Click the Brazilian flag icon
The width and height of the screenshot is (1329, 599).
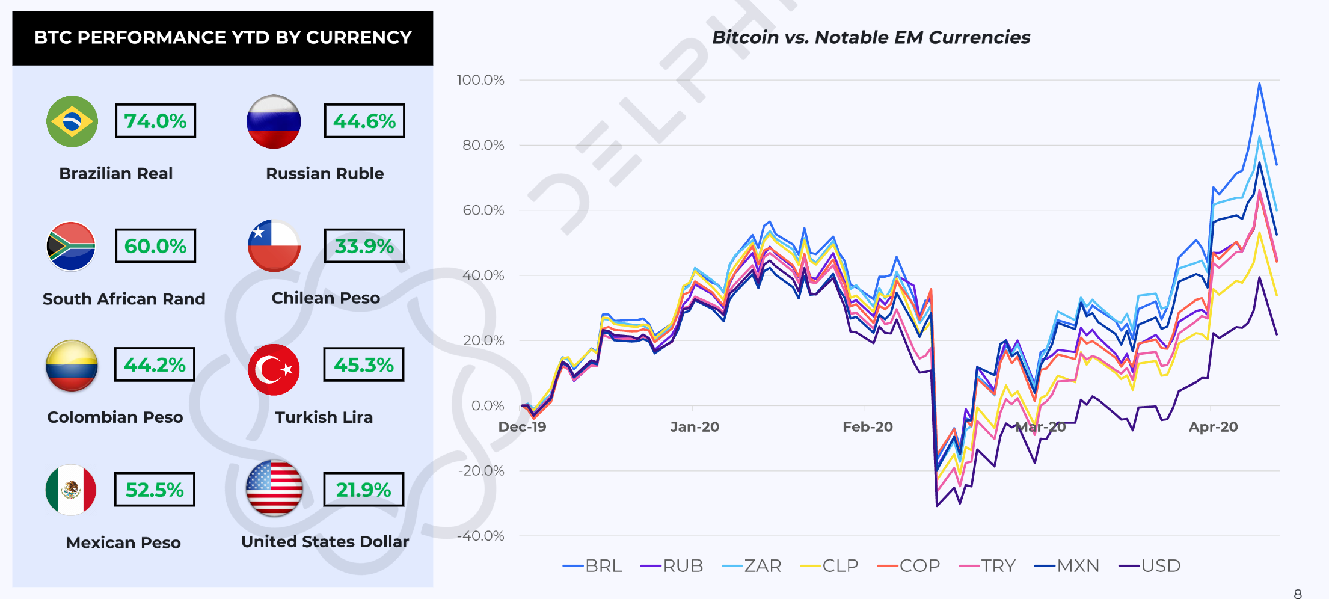click(x=72, y=121)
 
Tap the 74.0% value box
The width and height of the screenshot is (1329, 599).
click(x=155, y=121)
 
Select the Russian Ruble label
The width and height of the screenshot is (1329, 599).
click(x=325, y=174)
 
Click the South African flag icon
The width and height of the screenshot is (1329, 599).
click(x=72, y=247)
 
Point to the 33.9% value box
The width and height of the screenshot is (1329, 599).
click(x=364, y=246)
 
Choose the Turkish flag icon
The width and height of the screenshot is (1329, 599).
click(x=274, y=369)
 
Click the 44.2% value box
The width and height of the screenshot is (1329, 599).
click(x=155, y=364)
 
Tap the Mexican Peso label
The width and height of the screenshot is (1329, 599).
click(x=123, y=542)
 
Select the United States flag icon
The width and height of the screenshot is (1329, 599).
click(x=274, y=488)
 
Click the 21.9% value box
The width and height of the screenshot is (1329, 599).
click(x=363, y=490)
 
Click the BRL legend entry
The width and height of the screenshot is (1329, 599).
click(x=592, y=566)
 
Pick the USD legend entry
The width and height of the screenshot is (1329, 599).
click(x=1150, y=566)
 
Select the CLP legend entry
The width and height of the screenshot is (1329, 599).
click(x=829, y=566)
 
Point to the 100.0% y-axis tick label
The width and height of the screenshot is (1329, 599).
click(x=480, y=80)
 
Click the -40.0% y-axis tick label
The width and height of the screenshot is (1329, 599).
click(x=480, y=536)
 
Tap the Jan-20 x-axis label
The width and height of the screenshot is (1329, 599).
click(x=695, y=427)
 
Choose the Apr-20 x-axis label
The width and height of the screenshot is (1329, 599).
click(x=1213, y=427)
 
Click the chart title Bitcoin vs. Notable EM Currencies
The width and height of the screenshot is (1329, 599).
click(x=871, y=37)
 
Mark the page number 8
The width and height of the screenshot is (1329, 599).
click(x=1297, y=594)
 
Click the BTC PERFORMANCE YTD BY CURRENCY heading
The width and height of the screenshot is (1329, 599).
click(x=223, y=38)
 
